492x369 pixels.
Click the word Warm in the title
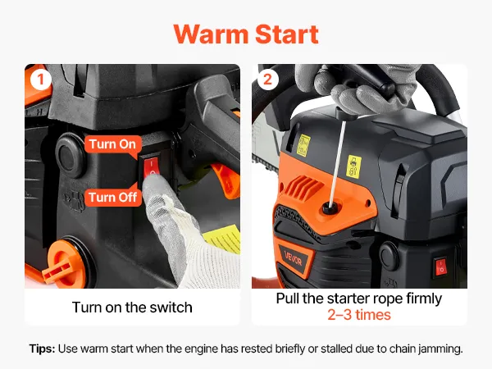[212, 34]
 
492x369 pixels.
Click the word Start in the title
[287, 34]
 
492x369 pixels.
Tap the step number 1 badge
[41, 80]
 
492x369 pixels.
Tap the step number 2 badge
[267, 80]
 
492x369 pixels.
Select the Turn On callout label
[112, 144]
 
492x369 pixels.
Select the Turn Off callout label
[113, 198]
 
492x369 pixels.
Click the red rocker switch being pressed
[153, 168]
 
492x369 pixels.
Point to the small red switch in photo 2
[440, 267]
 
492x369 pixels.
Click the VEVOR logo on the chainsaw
[293, 258]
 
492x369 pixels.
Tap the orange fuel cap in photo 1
[64, 264]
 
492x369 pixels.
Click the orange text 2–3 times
[359, 315]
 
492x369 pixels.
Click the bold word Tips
[43, 348]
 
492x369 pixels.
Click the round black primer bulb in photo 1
[71, 155]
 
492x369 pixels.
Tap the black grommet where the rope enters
[330, 207]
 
